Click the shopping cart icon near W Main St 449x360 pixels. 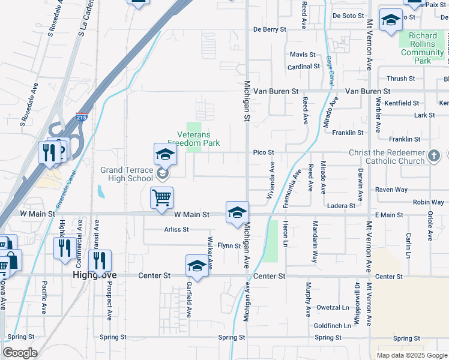point(161,198)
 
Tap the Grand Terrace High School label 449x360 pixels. point(127,174)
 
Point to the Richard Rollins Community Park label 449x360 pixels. point(423,48)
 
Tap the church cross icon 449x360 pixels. point(435,157)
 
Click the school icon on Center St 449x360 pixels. point(197,266)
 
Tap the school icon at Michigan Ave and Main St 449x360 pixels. point(237,212)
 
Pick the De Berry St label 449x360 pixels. point(270,29)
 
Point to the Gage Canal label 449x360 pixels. point(330,69)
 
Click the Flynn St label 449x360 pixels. point(229,245)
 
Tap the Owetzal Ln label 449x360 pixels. point(333,308)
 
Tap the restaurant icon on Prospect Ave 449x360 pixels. point(100,261)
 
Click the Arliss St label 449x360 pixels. point(176,229)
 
